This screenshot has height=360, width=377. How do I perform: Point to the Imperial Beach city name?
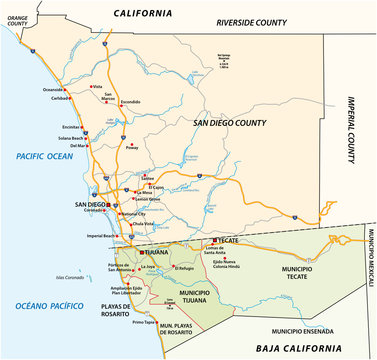pos(103,235)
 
